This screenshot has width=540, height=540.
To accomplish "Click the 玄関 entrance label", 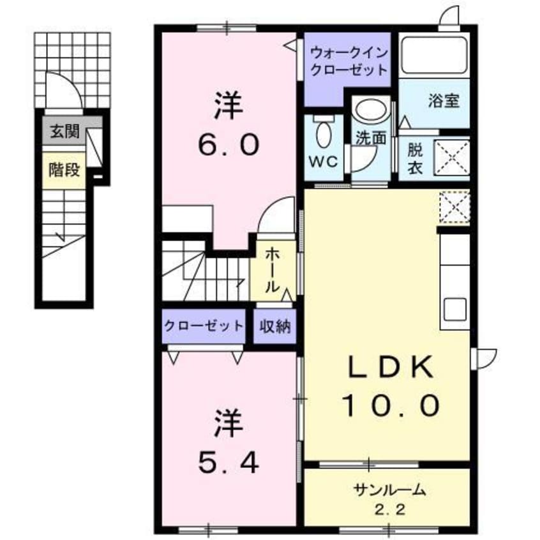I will coord(66,133).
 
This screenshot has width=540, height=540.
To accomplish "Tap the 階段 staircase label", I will coord(64,170).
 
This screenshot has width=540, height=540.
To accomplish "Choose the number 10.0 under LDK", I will coord(391,403).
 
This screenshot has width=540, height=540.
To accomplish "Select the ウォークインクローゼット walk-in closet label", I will coord(348,60).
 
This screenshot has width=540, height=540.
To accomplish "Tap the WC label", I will coord(324,161).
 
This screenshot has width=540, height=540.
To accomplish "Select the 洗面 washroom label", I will coord(371,136).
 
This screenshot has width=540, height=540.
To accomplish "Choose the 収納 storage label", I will coord(275,327).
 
